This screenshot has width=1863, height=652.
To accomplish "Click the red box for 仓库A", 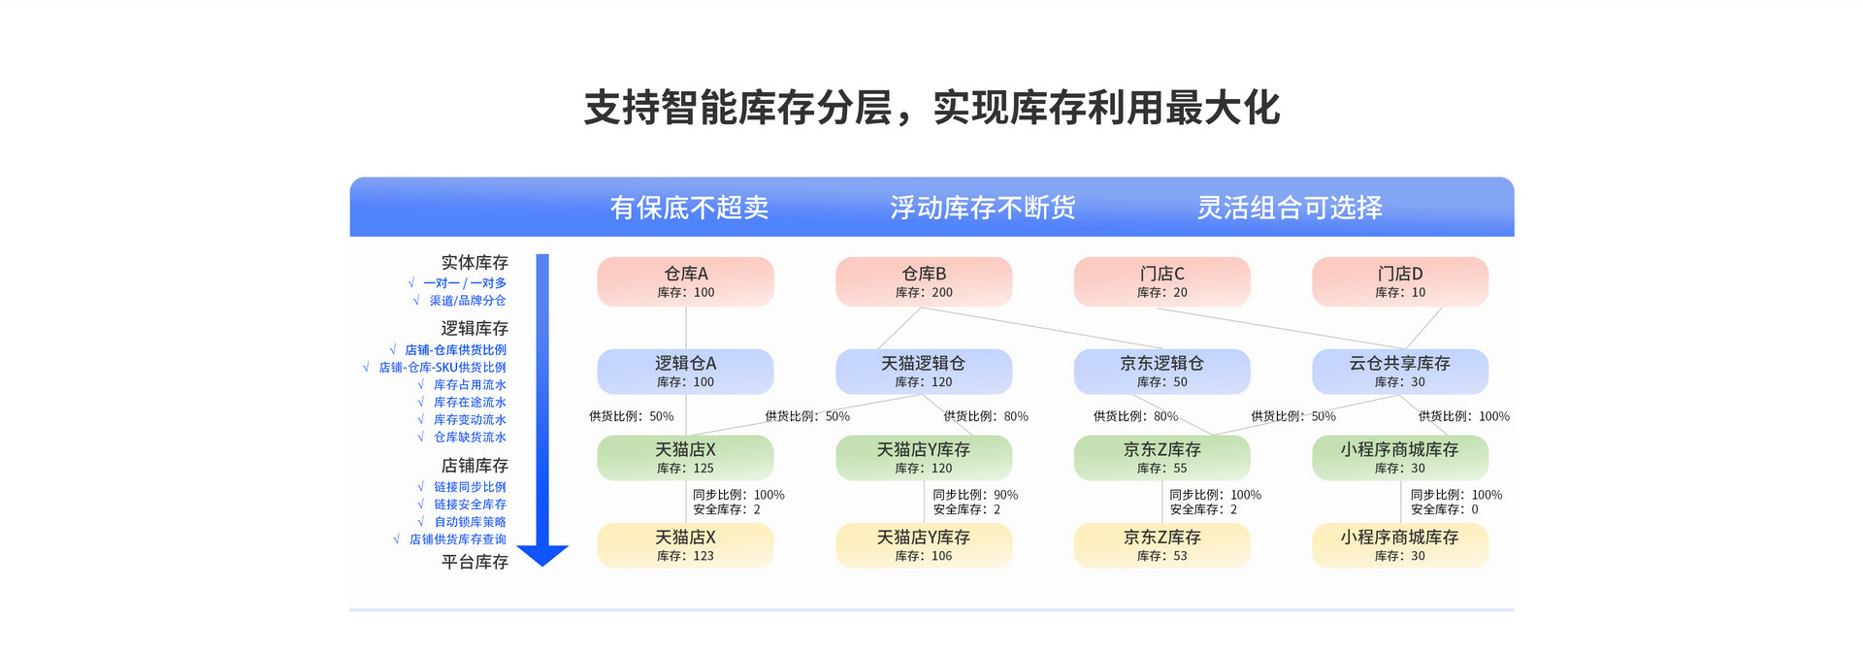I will tap(685, 281).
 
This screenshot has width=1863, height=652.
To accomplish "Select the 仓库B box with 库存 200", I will tap(923, 281).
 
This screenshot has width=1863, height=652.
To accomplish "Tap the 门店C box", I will tap(1161, 281).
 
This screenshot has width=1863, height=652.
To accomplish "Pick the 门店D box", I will tap(1399, 281).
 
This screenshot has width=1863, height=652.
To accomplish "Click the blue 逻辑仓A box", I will tap(685, 371).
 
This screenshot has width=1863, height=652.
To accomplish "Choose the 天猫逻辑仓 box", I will tap(923, 371).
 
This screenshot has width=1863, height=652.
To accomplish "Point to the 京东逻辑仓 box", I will tap(1161, 371).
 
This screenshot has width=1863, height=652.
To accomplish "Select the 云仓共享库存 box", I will tap(1399, 371).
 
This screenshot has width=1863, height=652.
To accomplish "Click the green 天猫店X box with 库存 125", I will tap(685, 457).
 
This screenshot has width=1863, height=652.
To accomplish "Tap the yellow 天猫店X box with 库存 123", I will tap(685, 544).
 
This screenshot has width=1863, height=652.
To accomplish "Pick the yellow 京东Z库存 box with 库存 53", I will tap(1161, 544).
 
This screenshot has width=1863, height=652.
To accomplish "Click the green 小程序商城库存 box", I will tap(1399, 457).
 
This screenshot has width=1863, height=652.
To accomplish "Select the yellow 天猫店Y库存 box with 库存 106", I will tap(923, 544).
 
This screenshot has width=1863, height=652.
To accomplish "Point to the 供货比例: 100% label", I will tap(1463, 416).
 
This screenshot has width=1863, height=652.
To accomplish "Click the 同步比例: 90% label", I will tap(975, 495).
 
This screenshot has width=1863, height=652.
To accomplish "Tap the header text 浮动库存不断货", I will tap(982, 208).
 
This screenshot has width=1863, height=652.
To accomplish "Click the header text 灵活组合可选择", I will tap(1289, 208).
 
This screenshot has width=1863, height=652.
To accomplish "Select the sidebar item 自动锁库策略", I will tap(470, 522).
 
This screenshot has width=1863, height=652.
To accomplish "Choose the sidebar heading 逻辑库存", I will tap(474, 328).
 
